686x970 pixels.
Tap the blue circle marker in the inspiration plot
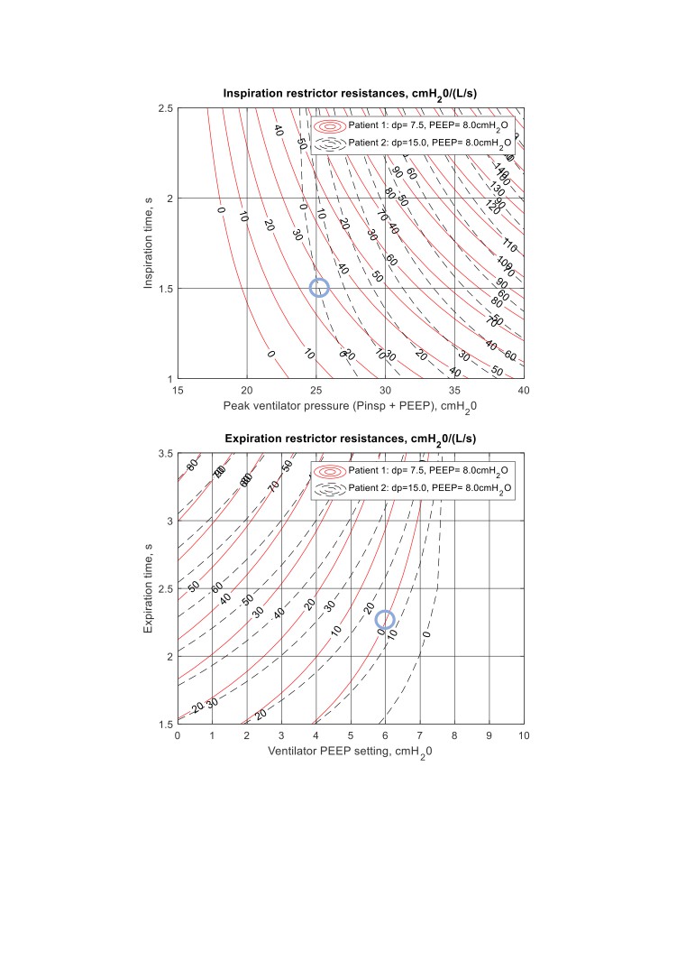319,288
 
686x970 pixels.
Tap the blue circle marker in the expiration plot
385,619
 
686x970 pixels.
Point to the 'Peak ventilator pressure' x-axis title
350,407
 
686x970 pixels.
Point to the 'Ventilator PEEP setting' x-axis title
350,752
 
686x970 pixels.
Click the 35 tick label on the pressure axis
454,390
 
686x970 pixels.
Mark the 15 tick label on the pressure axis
178,390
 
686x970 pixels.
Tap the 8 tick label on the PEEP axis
454,735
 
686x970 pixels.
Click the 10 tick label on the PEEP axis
524,735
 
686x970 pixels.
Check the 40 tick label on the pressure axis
524,390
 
